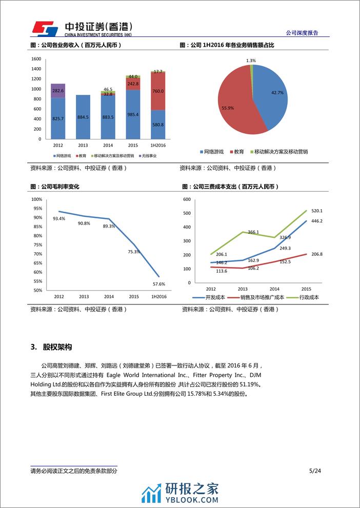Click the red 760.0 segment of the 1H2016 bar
tap(158, 91)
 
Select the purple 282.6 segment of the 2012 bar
tap(58, 90)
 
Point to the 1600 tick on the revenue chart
tap(36, 59)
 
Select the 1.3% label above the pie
tap(251, 60)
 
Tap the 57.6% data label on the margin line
tap(159, 284)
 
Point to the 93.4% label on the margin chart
tap(59, 219)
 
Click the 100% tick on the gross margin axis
tap(37, 199)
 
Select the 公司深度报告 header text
tap(302, 33)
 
